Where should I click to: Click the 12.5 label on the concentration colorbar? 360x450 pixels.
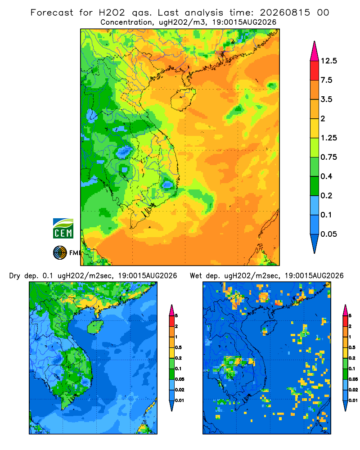pyautogui.click(x=328, y=61)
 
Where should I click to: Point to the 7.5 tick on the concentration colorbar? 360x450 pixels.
pyautogui.click(x=326, y=80)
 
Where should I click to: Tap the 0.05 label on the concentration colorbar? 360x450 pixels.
pyautogui.click(x=328, y=234)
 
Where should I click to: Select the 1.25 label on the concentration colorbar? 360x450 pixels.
pyautogui.click(x=328, y=138)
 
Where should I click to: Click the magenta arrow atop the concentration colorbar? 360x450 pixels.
pyautogui.click(x=315, y=51)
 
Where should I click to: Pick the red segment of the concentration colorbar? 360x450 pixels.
pyautogui.click(x=315, y=71)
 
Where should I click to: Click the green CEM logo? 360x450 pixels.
pyautogui.click(x=63, y=229)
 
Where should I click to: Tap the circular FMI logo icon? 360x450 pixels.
pyautogui.click(x=60, y=253)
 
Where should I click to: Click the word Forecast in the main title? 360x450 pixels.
pyautogui.click(x=52, y=13)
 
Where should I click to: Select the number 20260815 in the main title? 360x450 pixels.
pyautogui.click(x=285, y=13)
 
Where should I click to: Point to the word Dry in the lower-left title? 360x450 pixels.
pyautogui.click(x=15, y=276)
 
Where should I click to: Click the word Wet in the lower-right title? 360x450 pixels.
pyautogui.click(x=196, y=276)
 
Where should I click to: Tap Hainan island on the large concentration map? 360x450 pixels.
pyautogui.click(x=183, y=99)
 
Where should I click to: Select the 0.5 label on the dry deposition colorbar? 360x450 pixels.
pyautogui.click(x=178, y=347)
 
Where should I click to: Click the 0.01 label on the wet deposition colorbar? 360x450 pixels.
pyautogui.click(x=353, y=400)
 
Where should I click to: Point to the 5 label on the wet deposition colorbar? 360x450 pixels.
pyautogui.click(x=350, y=316)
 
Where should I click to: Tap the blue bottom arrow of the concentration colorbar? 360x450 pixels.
pyautogui.click(x=315, y=243)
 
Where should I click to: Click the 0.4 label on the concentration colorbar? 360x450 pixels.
pyautogui.click(x=326, y=176)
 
